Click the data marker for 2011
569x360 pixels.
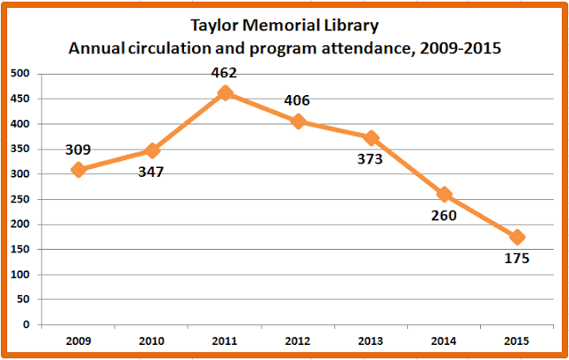click(226, 92)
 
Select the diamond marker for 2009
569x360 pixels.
click(78, 170)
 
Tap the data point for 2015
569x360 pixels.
click(518, 237)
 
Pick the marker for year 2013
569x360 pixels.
click(372, 138)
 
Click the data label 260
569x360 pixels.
click(443, 216)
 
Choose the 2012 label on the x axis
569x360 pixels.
click(299, 340)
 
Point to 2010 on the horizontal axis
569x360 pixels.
click(152, 340)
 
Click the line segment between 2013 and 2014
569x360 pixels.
click(408, 166)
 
